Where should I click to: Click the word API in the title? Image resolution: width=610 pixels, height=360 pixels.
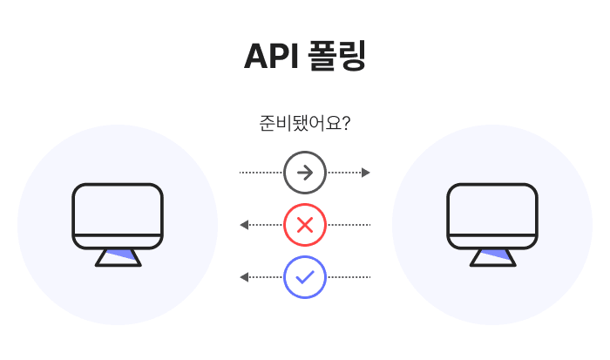click(269, 56)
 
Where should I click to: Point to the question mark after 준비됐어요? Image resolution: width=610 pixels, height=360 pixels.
click(345, 123)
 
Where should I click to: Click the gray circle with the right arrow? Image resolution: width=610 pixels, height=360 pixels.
click(305, 173)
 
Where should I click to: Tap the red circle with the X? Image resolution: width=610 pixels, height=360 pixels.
click(305, 225)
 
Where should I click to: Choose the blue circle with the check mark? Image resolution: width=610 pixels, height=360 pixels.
click(305, 277)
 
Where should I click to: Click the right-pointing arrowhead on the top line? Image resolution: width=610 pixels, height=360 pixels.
click(366, 173)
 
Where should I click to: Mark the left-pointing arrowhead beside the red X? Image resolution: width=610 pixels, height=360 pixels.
click(244, 225)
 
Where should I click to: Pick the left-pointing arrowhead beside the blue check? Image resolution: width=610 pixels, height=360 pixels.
click(244, 277)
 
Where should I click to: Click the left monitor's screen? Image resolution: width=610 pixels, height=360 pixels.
click(118, 209)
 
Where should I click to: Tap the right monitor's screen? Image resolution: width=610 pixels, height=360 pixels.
click(492, 209)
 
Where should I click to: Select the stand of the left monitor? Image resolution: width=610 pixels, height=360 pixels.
click(118, 256)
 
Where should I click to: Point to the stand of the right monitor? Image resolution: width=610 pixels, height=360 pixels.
click(492, 256)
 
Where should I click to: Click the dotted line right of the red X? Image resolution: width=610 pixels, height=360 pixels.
click(349, 225)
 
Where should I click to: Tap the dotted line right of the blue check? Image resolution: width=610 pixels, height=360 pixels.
click(349, 277)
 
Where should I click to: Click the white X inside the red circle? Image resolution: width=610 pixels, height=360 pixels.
click(305, 225)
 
